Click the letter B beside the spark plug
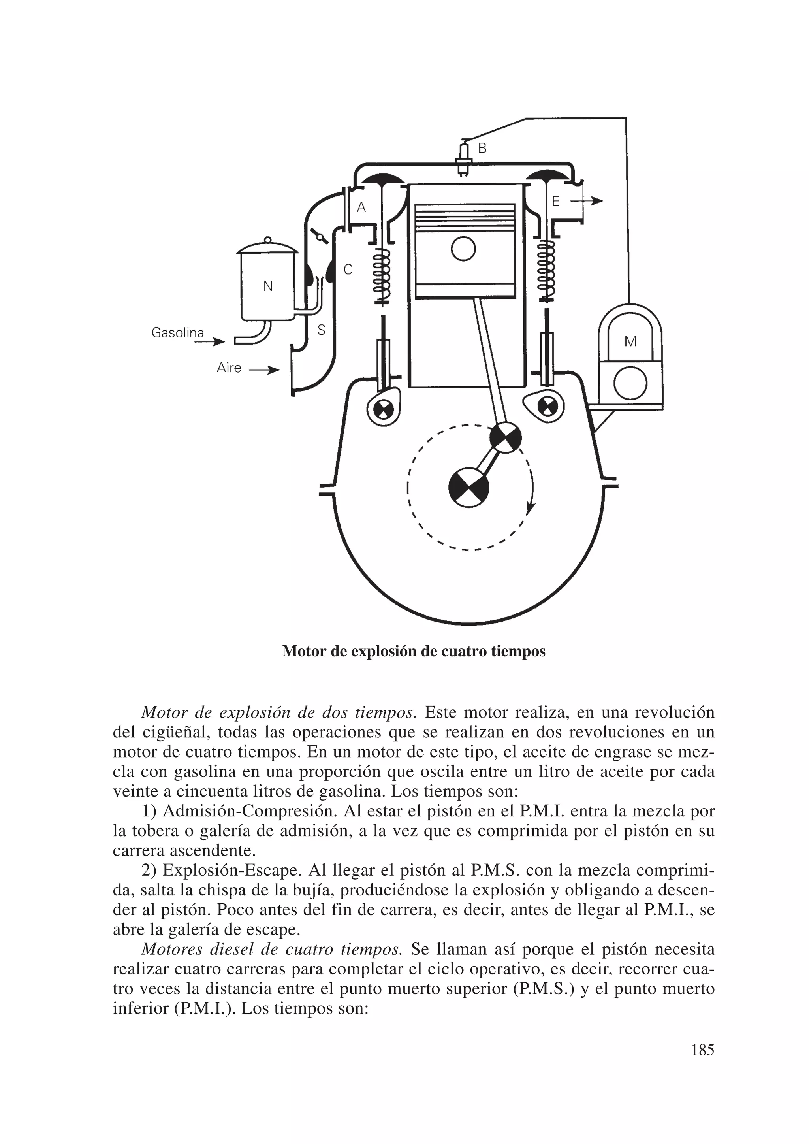pos(482,148)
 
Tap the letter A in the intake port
pos(362,207)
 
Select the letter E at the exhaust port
pos(556,201)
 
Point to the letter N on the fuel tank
pos(268,286)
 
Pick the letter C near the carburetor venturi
pos(348,270)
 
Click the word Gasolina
pos(178,332)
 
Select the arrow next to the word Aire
pos(263,370)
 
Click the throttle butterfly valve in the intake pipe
pos(319,236)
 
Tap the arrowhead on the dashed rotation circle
pos(530,509)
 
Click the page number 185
pos(702,1050)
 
